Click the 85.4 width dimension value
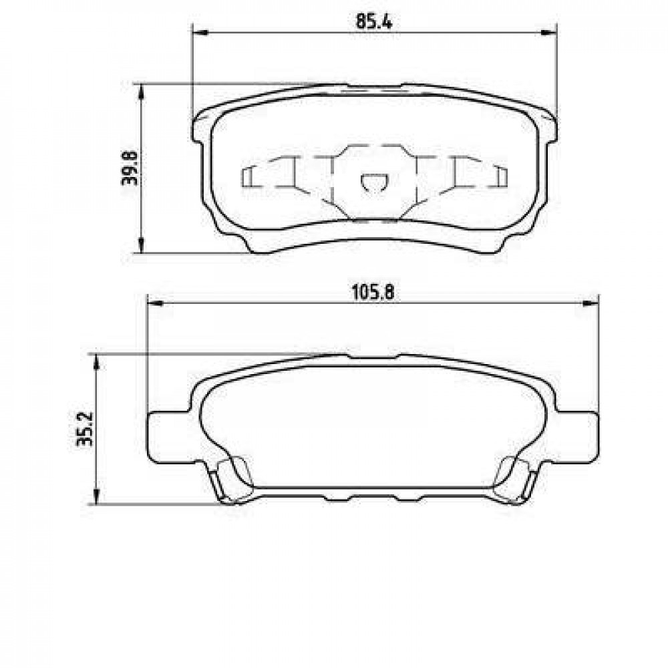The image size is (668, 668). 373,22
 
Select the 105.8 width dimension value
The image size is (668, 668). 373,293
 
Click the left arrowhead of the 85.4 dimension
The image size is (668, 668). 200,33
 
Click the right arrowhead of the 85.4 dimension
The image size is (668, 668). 548,33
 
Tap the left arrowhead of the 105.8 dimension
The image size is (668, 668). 155,303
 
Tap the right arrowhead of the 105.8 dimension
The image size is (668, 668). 591,303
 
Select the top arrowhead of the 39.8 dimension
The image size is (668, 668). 140,92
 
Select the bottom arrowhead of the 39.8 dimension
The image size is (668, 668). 140,245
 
